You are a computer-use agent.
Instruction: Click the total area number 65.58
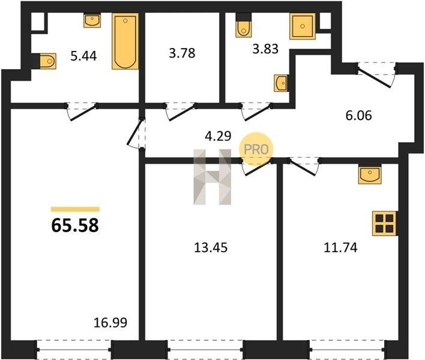[x=75, y=226]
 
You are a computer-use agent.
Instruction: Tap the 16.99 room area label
[x=110, y=323]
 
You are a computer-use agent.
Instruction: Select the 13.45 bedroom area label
[x=211, y=248]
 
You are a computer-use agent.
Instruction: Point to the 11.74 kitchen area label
[x=341, y=248]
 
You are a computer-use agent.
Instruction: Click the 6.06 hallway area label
[x=358, y=116]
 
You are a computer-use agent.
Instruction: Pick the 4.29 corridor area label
[x=218, y=136]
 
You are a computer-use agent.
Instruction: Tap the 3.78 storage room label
[x=182, y=53]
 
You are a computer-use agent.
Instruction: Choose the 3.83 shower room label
[x=265, y=49]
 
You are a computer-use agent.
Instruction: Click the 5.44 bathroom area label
[x=83, y=56]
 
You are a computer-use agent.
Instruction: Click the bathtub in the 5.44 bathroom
[x=125, y=41]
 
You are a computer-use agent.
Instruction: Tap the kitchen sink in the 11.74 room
[x=370, y=175]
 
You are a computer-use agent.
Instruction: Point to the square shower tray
[x=303, y=26]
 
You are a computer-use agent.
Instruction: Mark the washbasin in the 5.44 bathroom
[x=92, y=21]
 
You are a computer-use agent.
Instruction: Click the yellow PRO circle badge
[x=256, y=149]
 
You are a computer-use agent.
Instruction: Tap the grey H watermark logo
[x=212, y=177]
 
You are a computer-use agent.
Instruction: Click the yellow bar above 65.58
[x=75, y=209]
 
